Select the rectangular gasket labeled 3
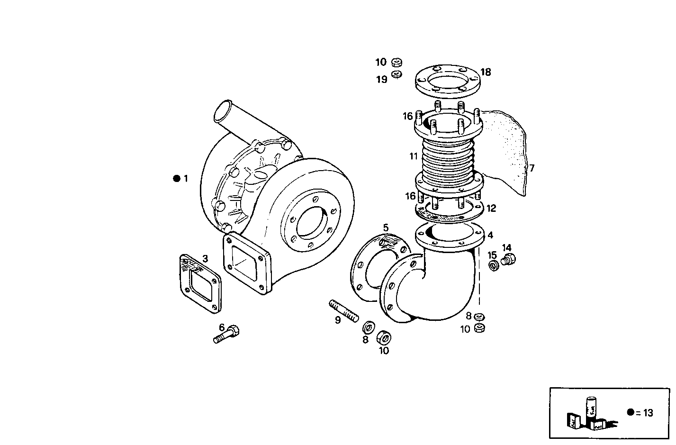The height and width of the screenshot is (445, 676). pos(201,283)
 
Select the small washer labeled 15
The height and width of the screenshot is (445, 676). pos(493,266)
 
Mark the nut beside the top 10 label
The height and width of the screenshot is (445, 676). pos(397,62)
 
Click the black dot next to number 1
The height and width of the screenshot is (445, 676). pos(177,179)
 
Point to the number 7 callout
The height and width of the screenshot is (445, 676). pos(532,168)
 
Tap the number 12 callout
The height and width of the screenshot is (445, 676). pos(491,208)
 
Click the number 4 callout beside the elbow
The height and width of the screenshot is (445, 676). pos(490,235)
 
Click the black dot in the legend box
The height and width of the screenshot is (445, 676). pos(630,412)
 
